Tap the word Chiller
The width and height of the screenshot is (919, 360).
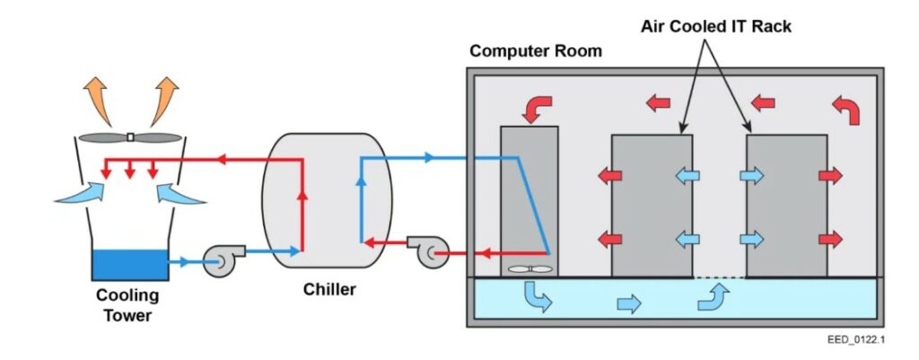coord(328,289)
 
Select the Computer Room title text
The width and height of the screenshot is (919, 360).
coord(536,51)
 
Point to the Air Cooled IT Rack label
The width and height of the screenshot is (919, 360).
coord(716,27)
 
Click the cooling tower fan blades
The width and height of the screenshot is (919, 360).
coord(130,137)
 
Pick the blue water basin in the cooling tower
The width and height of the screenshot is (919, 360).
coord(129,264)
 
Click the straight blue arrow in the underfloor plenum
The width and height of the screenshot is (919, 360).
coord(629,303)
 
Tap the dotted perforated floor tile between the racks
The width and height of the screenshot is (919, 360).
coord(720,277)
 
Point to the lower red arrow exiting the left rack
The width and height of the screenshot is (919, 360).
coord(609,239)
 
